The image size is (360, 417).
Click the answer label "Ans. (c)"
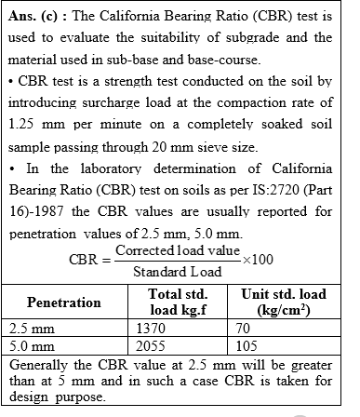pyautogui.click(x=37, y=16)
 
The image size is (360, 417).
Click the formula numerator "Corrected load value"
pyautogui.click(x=177, y=251)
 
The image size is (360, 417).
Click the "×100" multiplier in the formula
pyautogui.click(x=262, y=260)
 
